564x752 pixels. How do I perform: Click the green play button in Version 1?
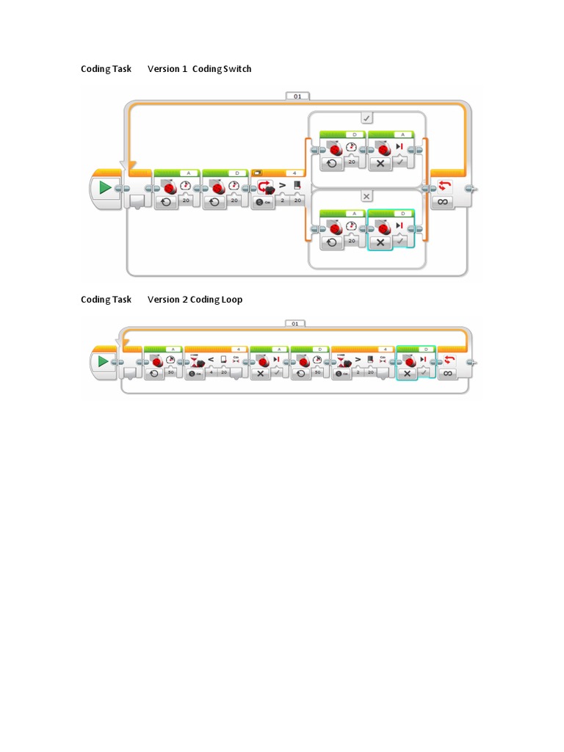point(105,188)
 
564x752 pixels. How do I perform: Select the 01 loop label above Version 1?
point(297,95)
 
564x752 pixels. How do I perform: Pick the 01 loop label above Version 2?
point(294,323)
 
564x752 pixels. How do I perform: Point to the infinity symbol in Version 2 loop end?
point(447,373)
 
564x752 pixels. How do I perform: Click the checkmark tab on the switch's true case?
point(366,117)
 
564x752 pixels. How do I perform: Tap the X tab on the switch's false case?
point(366,197)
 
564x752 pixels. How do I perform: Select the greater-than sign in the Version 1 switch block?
point(282,184)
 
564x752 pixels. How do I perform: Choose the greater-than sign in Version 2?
point(359,360)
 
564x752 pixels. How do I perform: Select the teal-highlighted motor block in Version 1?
point(391,230)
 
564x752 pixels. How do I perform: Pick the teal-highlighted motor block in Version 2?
point(416,364)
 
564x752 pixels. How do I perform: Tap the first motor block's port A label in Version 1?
point(188,173)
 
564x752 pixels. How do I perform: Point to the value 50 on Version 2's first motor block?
point(170,373)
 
